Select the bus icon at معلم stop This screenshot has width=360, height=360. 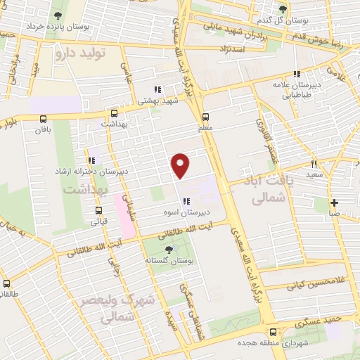(205, 117)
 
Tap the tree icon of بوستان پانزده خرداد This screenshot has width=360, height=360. (56, 15)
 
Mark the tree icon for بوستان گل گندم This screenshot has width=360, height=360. (283, 9)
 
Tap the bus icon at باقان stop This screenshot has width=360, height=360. (44, 119)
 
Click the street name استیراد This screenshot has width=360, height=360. (250, 49)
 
